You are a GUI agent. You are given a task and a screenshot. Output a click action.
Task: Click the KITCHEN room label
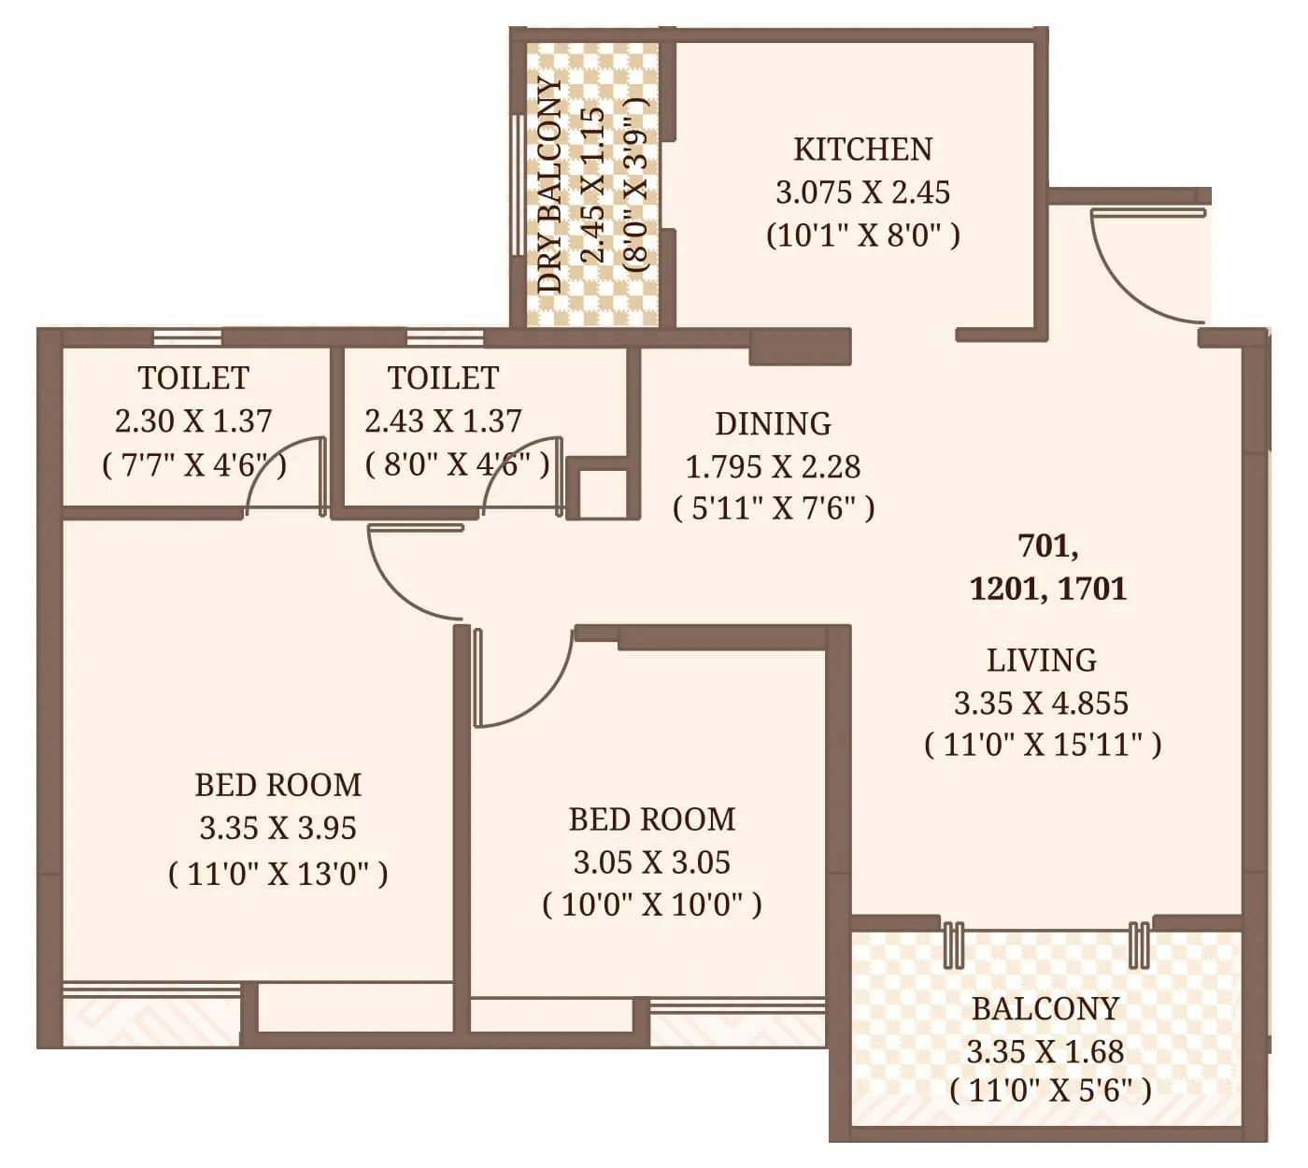click(x=862, y=150)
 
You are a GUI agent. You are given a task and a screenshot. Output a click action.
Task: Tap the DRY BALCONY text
click(x=551, y=184)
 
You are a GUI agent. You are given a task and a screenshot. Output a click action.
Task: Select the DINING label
click(x=773, y=424)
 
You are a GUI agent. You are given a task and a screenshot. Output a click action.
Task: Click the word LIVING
click(x=1042, y=661)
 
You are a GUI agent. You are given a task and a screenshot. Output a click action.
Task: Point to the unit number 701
click(x=1046, y=545)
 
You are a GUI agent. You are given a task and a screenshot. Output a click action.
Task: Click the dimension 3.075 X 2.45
click(x=862, y=192)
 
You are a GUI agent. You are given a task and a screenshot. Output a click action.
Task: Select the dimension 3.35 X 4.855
click(x=1041, y=703)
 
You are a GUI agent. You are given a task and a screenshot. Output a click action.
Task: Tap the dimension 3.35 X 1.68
click(x=1045, y=1052)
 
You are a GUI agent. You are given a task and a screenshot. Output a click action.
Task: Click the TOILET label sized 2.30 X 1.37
click(x=193, y=378)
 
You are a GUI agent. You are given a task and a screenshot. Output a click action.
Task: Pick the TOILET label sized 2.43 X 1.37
click(x=443, y=378)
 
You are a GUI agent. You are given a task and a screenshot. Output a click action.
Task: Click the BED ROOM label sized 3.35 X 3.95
click(x=277, y=785)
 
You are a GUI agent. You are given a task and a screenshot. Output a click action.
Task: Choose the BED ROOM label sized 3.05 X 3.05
click(x=651, y=819)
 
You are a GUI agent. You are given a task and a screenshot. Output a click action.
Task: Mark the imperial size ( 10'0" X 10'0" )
click(x=651, y=904)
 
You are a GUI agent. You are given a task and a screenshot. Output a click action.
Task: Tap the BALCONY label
click(x=1045, y=1009)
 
